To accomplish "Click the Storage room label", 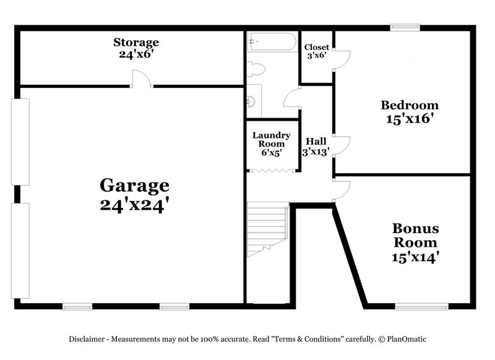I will [136, 43].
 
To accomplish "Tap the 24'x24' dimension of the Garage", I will [134, 205].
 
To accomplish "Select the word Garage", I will [134, 185].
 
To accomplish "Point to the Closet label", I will [316, 47].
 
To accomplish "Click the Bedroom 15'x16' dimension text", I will [409, 119].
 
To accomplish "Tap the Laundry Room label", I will [271, 139].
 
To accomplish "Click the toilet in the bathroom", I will [256, 69].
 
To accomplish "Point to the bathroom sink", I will [251, 101].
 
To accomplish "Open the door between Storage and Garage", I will [142, 79].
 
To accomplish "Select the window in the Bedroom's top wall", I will [405, 27].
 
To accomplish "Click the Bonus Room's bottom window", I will [421, 306].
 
